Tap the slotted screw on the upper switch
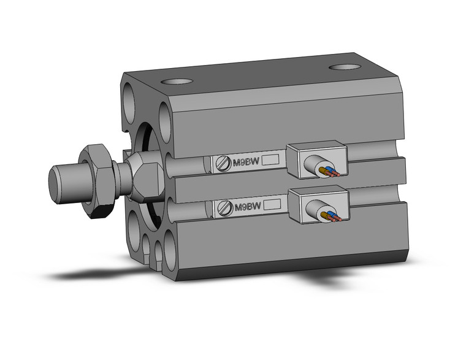(x=224, y=163)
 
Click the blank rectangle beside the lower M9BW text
(x=272, y=205)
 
